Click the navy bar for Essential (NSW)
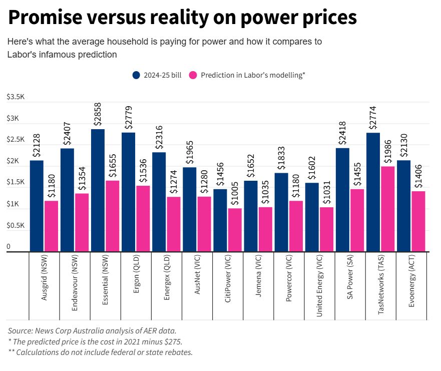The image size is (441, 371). click(98, 190)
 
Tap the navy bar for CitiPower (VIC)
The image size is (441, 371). click(220, 220)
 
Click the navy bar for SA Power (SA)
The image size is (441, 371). click(342, 200)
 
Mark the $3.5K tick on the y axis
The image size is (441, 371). click(15, 97)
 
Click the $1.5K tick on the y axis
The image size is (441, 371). click(15, 183)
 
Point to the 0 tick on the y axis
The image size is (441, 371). click(9, 247)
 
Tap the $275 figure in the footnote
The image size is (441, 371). click(173, 341)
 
